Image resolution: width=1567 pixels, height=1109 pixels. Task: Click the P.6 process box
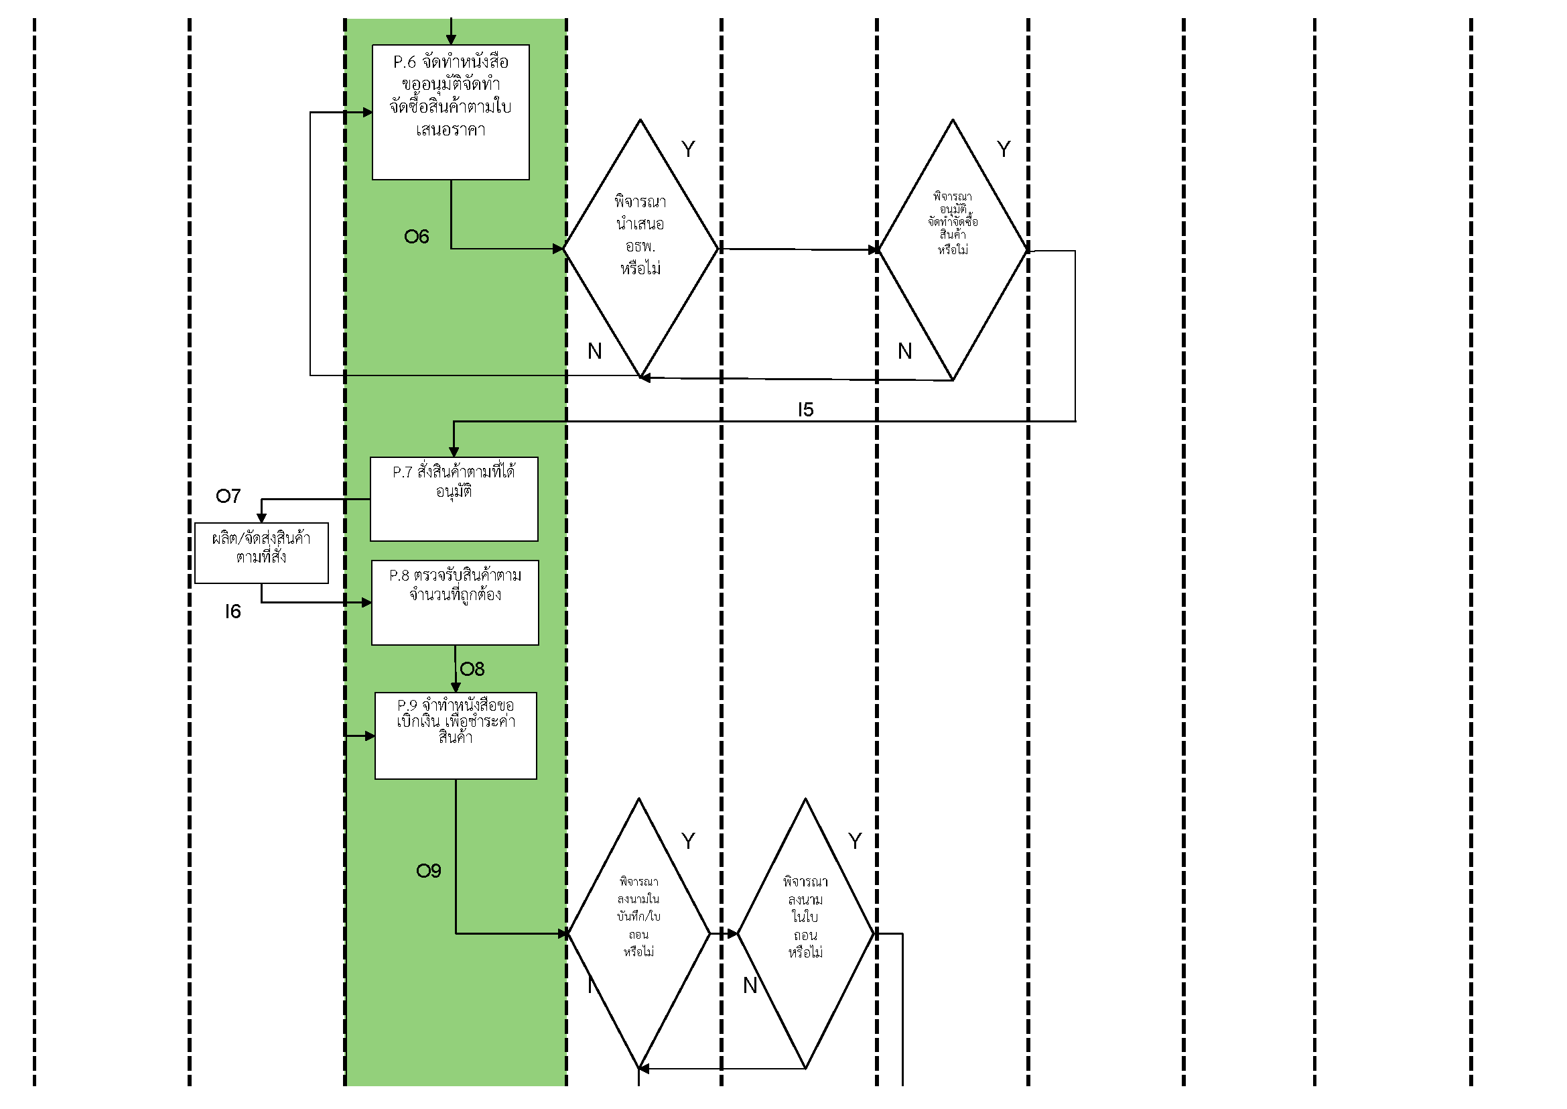[x=450, y=113]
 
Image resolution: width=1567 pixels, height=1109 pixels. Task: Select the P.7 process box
[x=454, y=500]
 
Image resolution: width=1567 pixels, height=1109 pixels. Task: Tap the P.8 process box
[x=455, y=603]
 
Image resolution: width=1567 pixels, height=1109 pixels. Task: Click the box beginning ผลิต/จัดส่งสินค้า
[x=261, y=553]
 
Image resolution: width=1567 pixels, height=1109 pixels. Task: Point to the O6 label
[x=416, y=237]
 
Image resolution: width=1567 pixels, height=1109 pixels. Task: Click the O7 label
[x=228, y=496]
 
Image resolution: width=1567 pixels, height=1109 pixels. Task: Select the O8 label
[x=472, y=669]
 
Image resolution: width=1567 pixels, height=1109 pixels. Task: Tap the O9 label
[x=429, y=872]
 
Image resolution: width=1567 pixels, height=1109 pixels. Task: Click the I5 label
[x=805, y=410]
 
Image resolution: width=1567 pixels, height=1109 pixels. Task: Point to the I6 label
[x=232, y=612]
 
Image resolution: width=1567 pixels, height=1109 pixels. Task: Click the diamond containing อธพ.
[x=640, y=249]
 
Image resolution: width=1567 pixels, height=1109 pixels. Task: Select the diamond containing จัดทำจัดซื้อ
[x=953, y=250]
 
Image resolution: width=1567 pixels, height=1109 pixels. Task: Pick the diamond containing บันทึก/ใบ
[x=639, y=933]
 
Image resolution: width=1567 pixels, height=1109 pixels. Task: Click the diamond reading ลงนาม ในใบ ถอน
[x=805, y=933]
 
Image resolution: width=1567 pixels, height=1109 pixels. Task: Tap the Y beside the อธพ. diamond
[x=688, y=150]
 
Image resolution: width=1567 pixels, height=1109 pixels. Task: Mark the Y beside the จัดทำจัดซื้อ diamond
[x=1004, y=150]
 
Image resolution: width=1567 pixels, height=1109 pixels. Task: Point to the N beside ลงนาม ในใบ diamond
[x=750, y=986]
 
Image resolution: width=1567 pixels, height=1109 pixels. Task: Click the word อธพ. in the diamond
[x=640, y=247]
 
